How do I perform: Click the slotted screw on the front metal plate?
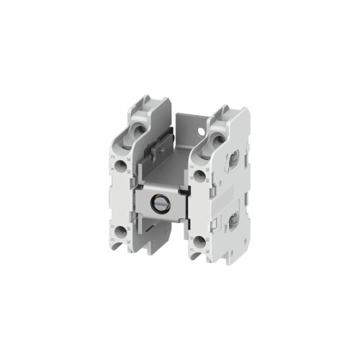[161, 204]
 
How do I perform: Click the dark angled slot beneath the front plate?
[154, 233]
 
